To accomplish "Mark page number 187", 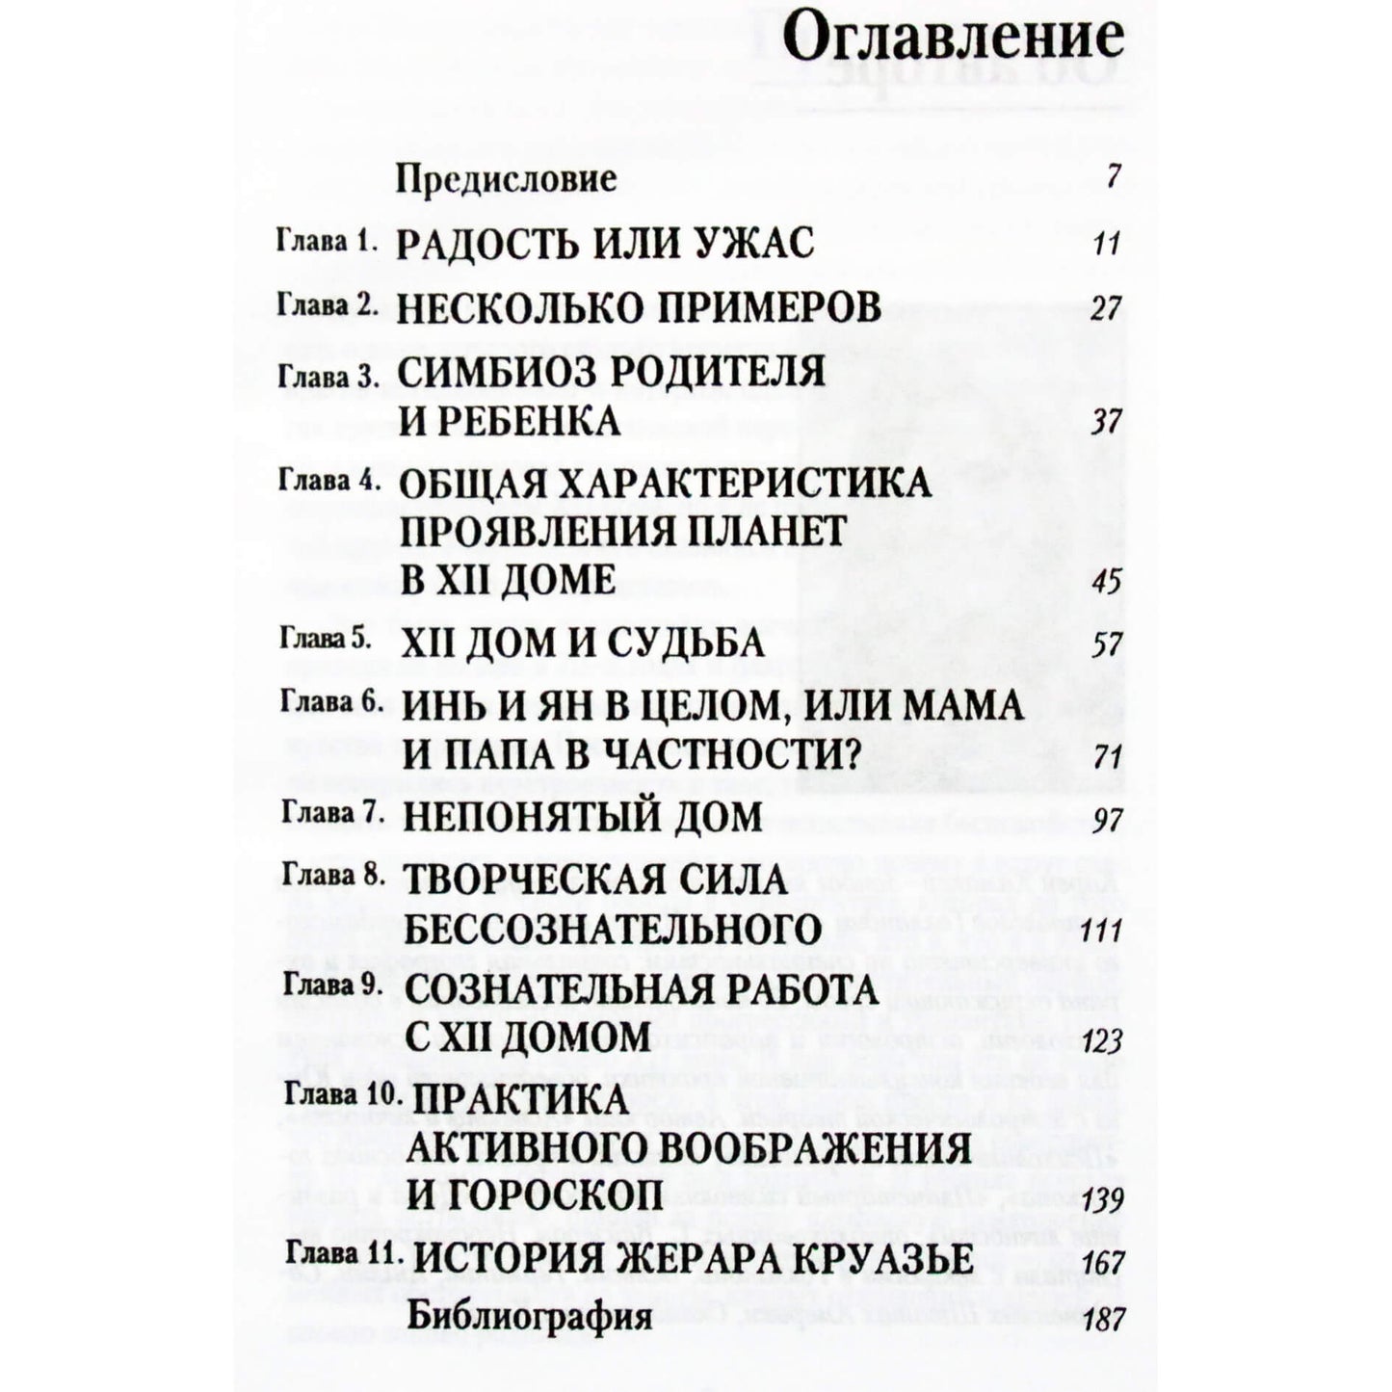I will click(1103, 1319).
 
